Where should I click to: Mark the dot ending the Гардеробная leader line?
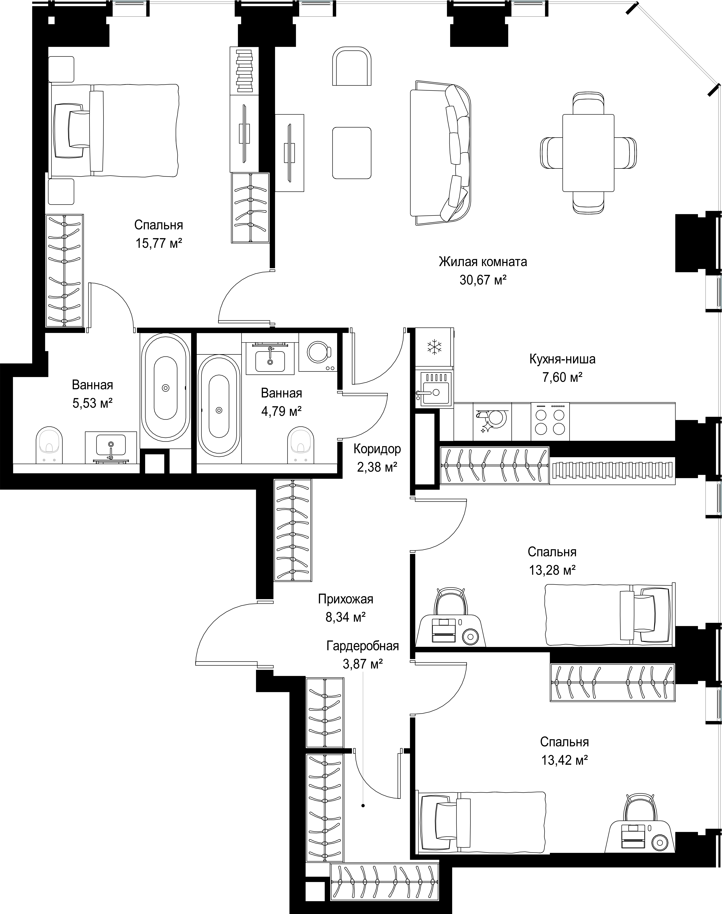363,806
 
